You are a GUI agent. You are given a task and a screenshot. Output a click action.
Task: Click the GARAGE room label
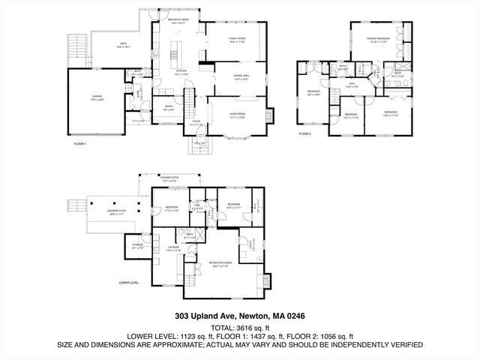pyautogui.click(x=97, y=97)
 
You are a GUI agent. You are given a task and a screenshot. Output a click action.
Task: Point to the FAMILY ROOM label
pyautogui.click(x=238, y=40)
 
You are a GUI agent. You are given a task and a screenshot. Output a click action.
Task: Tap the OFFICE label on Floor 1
pyautogui.click(x=169, y=107)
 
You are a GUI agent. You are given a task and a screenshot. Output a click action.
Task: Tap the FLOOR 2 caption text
pyautogui.click(x=304, y=133)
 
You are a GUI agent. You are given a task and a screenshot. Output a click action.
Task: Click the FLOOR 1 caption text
pyautogui.click(x=80, y=143)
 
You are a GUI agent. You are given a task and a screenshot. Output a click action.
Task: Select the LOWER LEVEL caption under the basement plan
pyautogui.click(x=130, y=283)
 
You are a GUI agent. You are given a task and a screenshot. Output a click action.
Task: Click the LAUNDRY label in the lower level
pyautogui.click(x=174, y=248)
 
